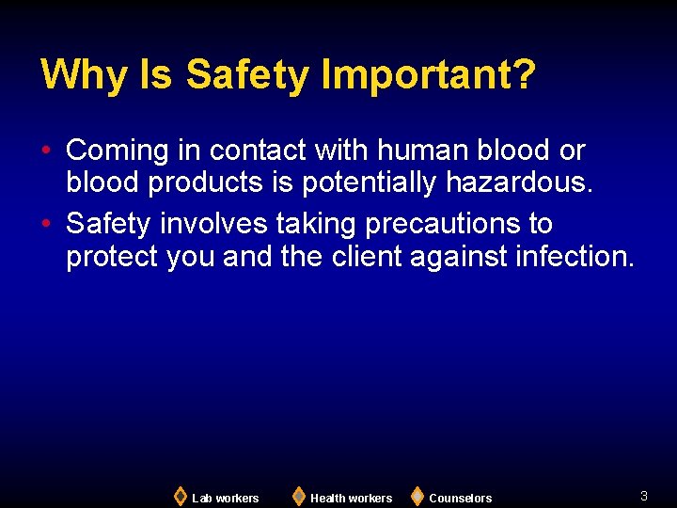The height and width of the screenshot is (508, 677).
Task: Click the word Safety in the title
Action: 246,74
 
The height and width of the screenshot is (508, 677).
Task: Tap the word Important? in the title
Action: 429,74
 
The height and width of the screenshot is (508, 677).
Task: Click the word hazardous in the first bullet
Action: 519,183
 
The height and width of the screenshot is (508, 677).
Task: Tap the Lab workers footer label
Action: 225,498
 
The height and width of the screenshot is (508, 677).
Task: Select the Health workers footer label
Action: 351,498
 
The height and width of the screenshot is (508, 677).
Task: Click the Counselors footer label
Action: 460,498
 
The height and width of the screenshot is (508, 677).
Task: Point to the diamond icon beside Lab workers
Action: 181,496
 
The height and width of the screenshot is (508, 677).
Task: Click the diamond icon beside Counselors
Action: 417,496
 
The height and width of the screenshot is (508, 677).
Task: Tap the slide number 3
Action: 644,496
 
